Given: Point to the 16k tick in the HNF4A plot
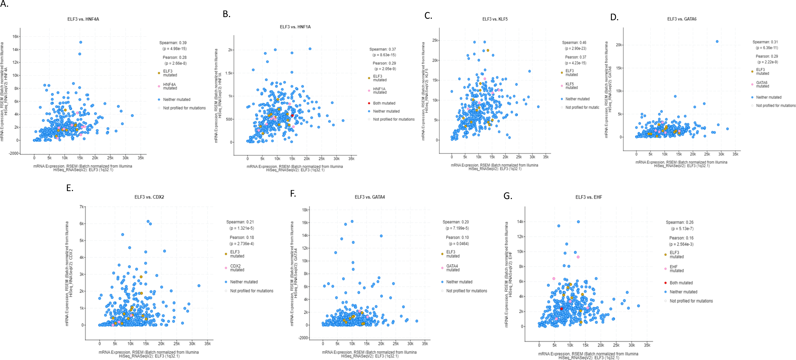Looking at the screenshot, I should tap(15, 36).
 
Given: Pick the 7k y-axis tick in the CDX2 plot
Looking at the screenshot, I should tap(82, 207).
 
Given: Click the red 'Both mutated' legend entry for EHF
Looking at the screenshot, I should tap(681, 283).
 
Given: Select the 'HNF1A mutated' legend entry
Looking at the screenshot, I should tap(379, 91).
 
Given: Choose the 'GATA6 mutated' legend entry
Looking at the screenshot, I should tap(762, 84).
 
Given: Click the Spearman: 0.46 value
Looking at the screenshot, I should tap(574, 43).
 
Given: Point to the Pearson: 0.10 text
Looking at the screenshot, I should tap(457, 237).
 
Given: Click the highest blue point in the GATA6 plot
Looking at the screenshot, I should tap(717, 41).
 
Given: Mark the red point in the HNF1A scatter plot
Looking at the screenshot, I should tap(292, 116).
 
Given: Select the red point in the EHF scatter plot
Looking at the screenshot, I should tap(562, 309).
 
